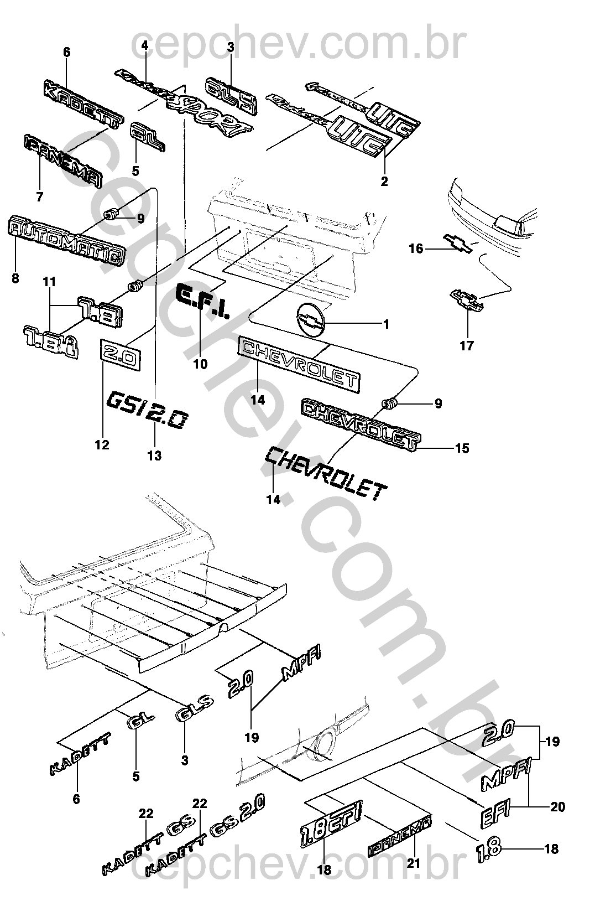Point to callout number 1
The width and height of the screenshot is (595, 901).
[x=386, y=324]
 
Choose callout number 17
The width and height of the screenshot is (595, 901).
[x=467, y=346]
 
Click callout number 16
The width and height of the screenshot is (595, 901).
[x=416, y=249]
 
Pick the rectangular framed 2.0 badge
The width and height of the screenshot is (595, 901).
[x=120, y=355]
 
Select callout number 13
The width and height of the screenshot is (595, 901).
[x=155, y=455]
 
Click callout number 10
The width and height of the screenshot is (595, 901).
[x=200, y=364]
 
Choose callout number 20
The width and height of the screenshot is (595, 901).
[x=557, y=807]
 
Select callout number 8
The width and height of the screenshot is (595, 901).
[x=15, y=278]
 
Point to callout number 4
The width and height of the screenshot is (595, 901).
[x=145, y=46]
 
